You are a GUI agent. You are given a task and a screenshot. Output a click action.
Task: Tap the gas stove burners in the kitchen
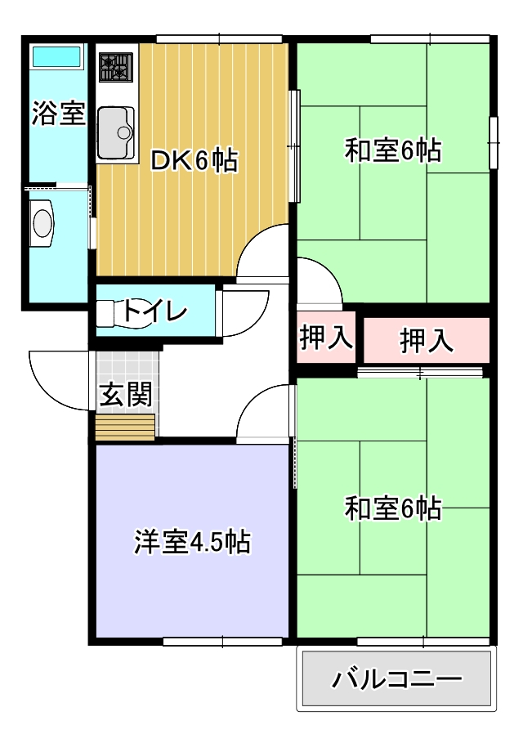115,67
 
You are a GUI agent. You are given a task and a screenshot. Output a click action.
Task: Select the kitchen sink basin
116,132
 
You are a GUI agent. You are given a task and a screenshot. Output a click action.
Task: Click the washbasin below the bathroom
42,222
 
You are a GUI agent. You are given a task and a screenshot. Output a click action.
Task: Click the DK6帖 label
194,161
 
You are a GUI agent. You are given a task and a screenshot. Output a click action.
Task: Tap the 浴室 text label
58,114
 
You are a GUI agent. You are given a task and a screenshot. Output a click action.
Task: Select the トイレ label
155,311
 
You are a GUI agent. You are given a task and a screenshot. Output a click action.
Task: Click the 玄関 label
126,394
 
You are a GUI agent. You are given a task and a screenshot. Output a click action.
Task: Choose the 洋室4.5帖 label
192,542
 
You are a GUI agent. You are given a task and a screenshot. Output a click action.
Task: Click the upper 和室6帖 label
393,150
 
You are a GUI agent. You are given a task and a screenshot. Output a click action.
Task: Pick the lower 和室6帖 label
393,508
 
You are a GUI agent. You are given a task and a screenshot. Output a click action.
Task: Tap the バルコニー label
396,679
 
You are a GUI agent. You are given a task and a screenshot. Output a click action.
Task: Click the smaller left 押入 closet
326,337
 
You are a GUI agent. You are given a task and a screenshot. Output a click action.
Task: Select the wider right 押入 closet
427,340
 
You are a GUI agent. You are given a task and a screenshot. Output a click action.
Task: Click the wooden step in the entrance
126,427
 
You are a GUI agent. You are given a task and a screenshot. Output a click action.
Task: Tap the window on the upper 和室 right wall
494,142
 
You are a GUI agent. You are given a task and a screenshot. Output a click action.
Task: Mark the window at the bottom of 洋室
222,642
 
